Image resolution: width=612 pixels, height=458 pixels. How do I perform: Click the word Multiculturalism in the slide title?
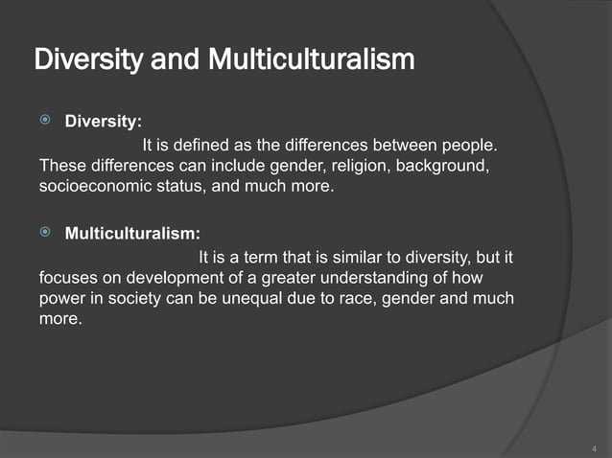click(313, 60)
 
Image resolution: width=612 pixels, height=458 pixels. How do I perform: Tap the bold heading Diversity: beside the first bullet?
click(103, 122)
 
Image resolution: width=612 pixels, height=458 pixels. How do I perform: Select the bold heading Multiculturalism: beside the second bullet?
click(132, 236)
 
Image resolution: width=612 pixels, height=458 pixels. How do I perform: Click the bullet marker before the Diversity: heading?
click(46, 122)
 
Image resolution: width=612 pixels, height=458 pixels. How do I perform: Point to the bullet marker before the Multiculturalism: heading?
click(46, 235)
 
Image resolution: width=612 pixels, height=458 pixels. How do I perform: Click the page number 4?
click(594, 448)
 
